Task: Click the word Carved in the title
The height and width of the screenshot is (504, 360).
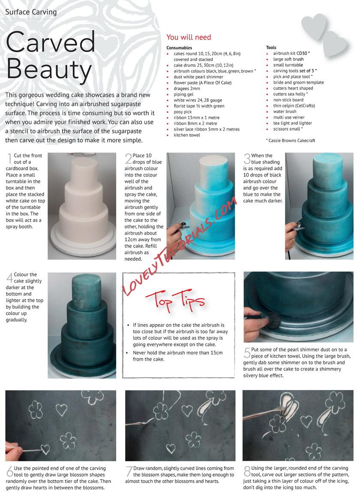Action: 51,42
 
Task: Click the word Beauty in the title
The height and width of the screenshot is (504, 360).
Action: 49,70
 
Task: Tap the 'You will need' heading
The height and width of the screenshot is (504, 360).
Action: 189,37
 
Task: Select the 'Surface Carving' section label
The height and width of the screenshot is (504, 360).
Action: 31,12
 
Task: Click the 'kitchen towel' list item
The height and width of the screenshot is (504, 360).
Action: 186,135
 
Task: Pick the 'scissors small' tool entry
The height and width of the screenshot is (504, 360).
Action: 287,129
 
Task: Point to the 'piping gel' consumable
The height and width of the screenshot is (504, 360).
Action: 183,95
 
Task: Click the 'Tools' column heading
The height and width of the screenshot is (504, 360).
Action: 271,47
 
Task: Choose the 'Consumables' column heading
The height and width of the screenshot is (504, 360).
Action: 179,48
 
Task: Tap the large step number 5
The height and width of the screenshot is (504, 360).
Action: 247,352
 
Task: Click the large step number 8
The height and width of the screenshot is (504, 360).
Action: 247,471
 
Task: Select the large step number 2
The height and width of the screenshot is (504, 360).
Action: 129,158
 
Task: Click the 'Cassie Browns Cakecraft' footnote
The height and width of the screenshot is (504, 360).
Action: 291,140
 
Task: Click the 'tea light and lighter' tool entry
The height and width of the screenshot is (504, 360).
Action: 292,123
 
